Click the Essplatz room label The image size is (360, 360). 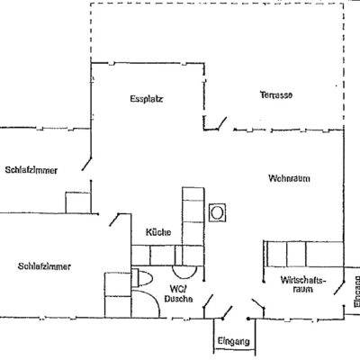[x=147, y=99]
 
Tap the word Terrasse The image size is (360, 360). [x=276, y=95]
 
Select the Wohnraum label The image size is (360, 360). [x=289, y=178]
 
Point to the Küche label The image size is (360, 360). [x=158, y=232]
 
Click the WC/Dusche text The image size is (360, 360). [x=179, y=293]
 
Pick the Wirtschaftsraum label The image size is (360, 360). [x=303, y=284]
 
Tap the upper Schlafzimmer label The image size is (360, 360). [x=31, y=170]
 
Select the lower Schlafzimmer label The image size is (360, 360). [x=44, y=266]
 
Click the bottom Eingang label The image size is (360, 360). [x=233, y=341]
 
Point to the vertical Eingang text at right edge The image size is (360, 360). [x=356, y=292]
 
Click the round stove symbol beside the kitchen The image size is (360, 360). [x=217, y=212]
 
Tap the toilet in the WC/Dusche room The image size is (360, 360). [x=142, y=278]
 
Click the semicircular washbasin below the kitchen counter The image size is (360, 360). [x=184, y=273]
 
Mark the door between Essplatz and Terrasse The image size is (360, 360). [x=221, y=123]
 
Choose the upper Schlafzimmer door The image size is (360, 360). [x=86, y=164]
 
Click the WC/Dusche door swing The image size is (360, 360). [x=208, y=301]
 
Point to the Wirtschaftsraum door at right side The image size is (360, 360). [x=339, y=287]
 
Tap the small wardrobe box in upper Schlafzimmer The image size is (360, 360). [x=78, y=202]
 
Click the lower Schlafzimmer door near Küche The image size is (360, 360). [x=114, y=220]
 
